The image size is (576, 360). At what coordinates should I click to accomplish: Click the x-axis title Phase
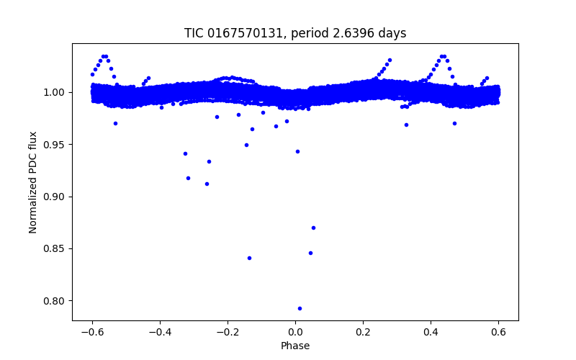click(x=295, y=346)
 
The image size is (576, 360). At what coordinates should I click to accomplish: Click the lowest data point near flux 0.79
click(x=300, y=308)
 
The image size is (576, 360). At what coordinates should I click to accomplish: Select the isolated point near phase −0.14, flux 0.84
click(x=249, y=258)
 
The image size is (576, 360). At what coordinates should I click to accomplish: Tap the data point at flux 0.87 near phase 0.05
click(x=313, y=228)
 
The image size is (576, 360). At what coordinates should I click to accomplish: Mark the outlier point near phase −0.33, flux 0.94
click(x=185, y=153)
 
